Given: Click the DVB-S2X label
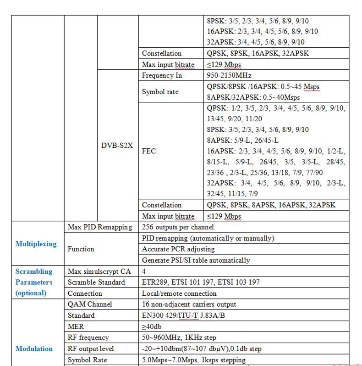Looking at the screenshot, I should coord(117,146).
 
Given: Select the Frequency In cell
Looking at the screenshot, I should coord(162,75).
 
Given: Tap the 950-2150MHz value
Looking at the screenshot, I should coord(229,75).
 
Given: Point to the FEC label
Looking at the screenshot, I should coord(149,151).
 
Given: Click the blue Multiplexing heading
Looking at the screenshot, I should coord(36,244).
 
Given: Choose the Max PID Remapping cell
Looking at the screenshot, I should coord(99,227).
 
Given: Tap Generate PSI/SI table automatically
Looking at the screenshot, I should coord(196,260).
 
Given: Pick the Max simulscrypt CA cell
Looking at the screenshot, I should coord(99,271).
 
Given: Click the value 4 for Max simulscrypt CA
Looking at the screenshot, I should coord(144,271).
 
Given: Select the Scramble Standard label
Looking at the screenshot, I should coord(96,282).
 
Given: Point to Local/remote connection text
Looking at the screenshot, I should coord(179,293).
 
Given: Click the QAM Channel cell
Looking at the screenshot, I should coord(90,304).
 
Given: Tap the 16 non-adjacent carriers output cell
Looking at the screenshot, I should coord(189,304).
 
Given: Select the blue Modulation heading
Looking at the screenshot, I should coord(34,349).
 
